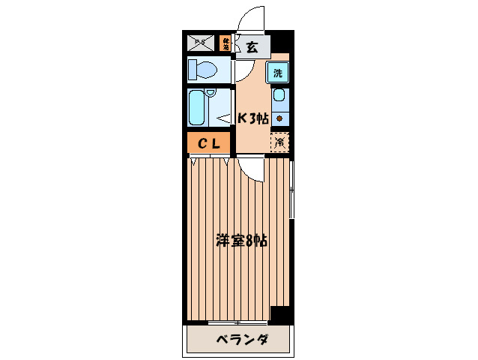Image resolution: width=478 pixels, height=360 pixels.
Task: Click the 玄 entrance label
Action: tap(252, 47)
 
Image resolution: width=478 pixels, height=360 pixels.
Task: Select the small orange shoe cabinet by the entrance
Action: tap(226, 43)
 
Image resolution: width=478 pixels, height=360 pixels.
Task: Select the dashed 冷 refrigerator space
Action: tap(279, 142)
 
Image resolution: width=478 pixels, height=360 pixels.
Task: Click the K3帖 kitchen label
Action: tap(253, 118)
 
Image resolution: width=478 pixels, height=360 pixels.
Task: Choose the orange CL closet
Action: tap(209, 143)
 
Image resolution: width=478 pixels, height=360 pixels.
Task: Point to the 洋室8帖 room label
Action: tap(241, 241)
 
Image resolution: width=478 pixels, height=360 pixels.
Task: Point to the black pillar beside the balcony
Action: tap(280, 314)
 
